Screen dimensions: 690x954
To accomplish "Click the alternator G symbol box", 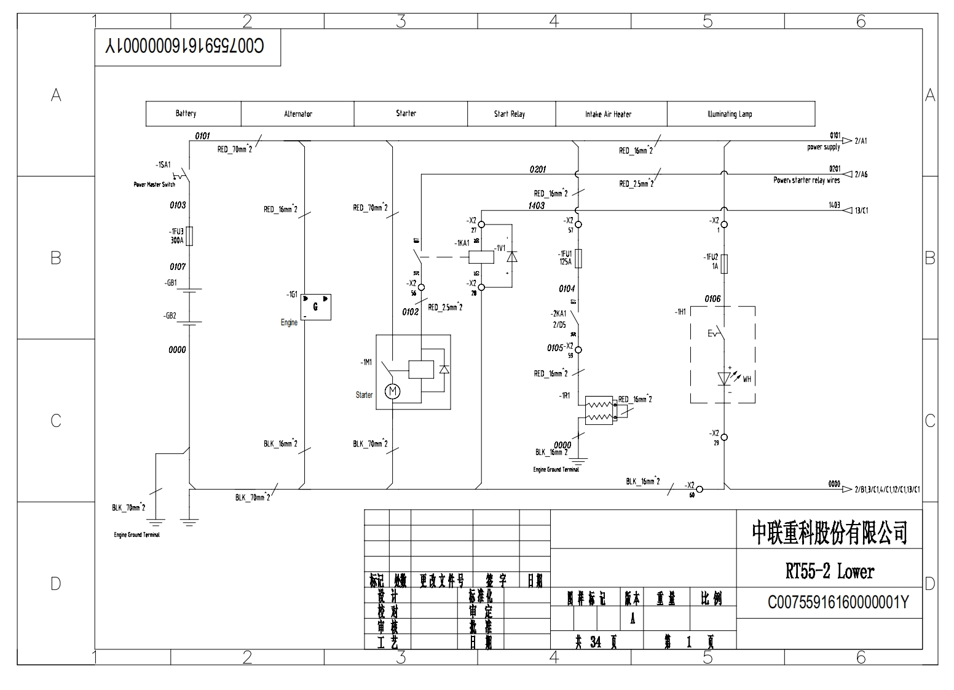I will [x=316, y=307].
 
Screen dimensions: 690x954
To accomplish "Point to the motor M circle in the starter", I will [x=392, y=391].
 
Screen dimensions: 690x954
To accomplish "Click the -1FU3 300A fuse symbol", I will [x=189, y=236].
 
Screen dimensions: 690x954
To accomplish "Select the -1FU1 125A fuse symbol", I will [x=578, y=258].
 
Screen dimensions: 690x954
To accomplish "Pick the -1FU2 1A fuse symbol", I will [x=724, y=263].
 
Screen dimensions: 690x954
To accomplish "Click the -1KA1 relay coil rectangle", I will [x=482, y=256].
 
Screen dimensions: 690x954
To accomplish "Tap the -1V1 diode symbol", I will [x=511, y=256].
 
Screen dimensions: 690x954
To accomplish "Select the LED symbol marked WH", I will [x=724, y=378].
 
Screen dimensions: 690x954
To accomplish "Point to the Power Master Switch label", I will [x=154, y=184].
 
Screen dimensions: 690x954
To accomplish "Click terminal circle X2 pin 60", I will [x=700, y=489].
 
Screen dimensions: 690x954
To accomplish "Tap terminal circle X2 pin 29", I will [x=724, y=437].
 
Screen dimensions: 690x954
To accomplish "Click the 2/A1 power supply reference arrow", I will [x=848, y=141].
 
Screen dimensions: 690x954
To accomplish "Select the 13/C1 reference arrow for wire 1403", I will [x=848, y=210].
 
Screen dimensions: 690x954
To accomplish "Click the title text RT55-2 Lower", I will [x=829, y=571].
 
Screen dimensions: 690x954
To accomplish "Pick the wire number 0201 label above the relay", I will [x=537, y=169].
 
